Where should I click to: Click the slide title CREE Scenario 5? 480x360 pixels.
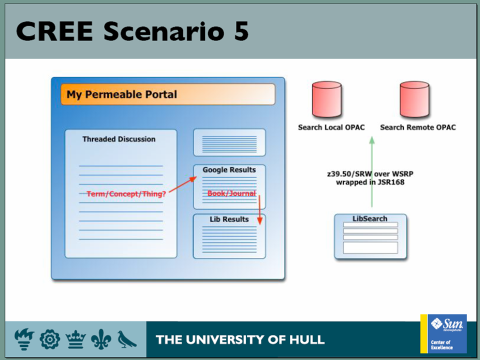[x=132, y=31]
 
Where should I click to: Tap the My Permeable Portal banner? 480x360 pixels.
[x=168, y=94]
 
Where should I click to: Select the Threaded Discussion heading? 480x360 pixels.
[x=119, y=139]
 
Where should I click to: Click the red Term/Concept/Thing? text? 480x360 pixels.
[x=126, y=194]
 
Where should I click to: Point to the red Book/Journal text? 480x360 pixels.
[x=231, y=193]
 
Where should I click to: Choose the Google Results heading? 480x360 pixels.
[x=229, y=170]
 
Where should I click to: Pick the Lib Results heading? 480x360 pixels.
[x=229, y=219]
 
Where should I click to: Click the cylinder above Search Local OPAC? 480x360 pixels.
[x=326, y=99]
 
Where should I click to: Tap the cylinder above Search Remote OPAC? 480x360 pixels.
[x=414, y=99]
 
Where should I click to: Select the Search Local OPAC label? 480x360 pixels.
[x=331, y=127]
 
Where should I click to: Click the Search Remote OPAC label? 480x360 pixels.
[x=418, y=127]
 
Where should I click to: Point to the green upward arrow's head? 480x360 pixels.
[x=372, y=140]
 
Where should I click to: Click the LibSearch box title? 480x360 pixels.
[x=370, y=218]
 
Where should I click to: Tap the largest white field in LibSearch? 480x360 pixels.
[x=370, y=247]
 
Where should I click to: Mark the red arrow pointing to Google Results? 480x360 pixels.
[x=183, y=184]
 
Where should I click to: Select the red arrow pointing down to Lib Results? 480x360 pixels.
[x=259, y=210]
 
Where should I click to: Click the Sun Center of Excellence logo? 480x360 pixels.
[x=443, y=333]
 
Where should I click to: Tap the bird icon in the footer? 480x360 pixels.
[x=126, y=339]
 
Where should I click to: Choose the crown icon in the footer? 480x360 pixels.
[x=75, y=339]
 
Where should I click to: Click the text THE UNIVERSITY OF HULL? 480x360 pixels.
[x=240, y=340]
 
